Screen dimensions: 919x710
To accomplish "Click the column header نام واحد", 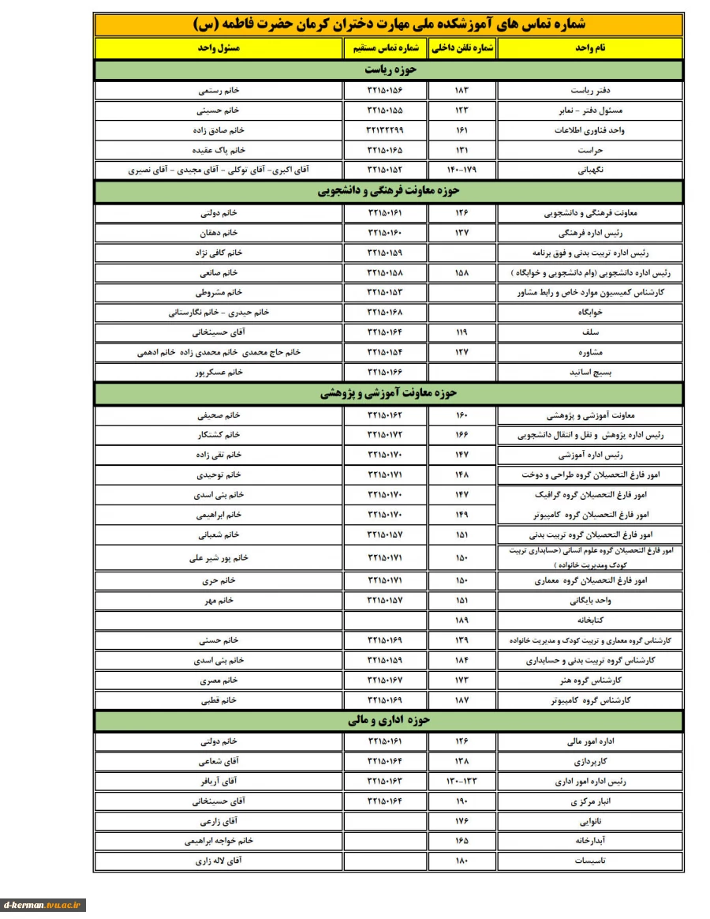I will coord(590,48).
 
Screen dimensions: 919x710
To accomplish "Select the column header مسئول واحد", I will coord(219,48).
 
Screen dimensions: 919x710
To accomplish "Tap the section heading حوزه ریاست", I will coord(389,69).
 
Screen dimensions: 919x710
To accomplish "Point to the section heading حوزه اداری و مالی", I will coord(389,720).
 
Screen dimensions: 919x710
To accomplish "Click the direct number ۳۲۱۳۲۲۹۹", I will coord(385,129).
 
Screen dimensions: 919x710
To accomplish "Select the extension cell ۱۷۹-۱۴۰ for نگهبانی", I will coord(461,170).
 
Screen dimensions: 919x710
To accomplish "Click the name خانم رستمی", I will coord(219,90).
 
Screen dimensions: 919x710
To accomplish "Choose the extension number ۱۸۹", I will coord(461,620).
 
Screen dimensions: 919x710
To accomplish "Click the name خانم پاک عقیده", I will coord(219,149).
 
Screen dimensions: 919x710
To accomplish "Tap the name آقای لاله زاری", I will coord(219,861).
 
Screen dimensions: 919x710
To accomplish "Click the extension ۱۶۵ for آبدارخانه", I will coord(461,841).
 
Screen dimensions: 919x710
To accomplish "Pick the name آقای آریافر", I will coord(219,782).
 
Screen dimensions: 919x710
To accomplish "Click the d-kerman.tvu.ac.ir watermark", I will coord(43,906).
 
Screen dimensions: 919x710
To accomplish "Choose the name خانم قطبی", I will coord(219,700).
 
